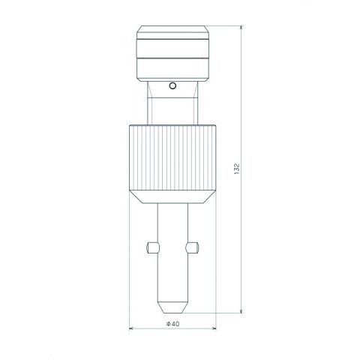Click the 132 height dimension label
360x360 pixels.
[237, 169]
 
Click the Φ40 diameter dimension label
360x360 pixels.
[172, 324]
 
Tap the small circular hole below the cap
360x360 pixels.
[172, 85]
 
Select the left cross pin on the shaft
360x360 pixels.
[152, 247]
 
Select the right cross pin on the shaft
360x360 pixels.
[192, 247]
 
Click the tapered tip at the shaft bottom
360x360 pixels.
[172, 307]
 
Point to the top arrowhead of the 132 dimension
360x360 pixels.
[241, 28]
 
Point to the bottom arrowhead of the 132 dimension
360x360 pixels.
[241, 310]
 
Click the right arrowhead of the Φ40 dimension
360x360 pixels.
[213, 328]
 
